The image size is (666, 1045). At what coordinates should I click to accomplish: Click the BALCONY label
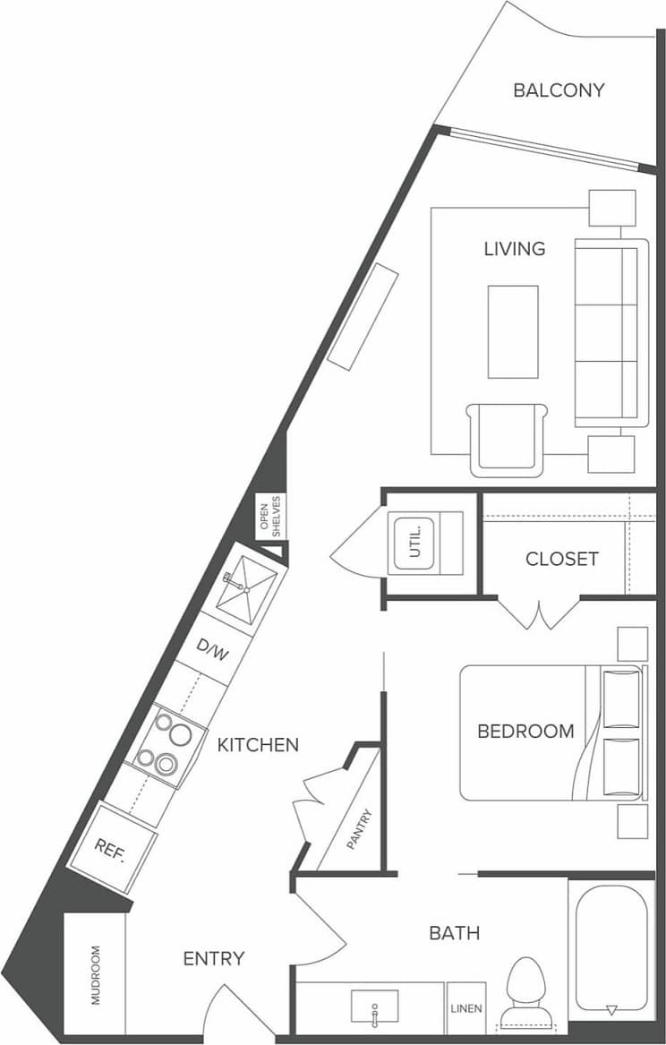click(559, 90)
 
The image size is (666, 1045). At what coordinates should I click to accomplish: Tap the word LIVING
click(515, 249)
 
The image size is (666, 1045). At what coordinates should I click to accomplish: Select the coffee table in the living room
click(513, 331)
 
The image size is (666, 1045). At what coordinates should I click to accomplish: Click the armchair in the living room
click(507, 439)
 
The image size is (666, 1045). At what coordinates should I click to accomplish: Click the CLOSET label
click(561, 559)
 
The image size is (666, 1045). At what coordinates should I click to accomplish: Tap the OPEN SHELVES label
click(270, 517)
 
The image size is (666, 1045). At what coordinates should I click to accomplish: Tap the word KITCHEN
click(258, 744)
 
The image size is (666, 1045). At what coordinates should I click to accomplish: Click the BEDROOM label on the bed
click(525, 731)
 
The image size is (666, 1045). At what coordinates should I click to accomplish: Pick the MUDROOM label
click(96, 974)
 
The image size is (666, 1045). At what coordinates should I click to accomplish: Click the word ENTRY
click(214, 959)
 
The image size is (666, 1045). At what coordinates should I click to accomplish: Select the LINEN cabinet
click(466, 1008)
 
